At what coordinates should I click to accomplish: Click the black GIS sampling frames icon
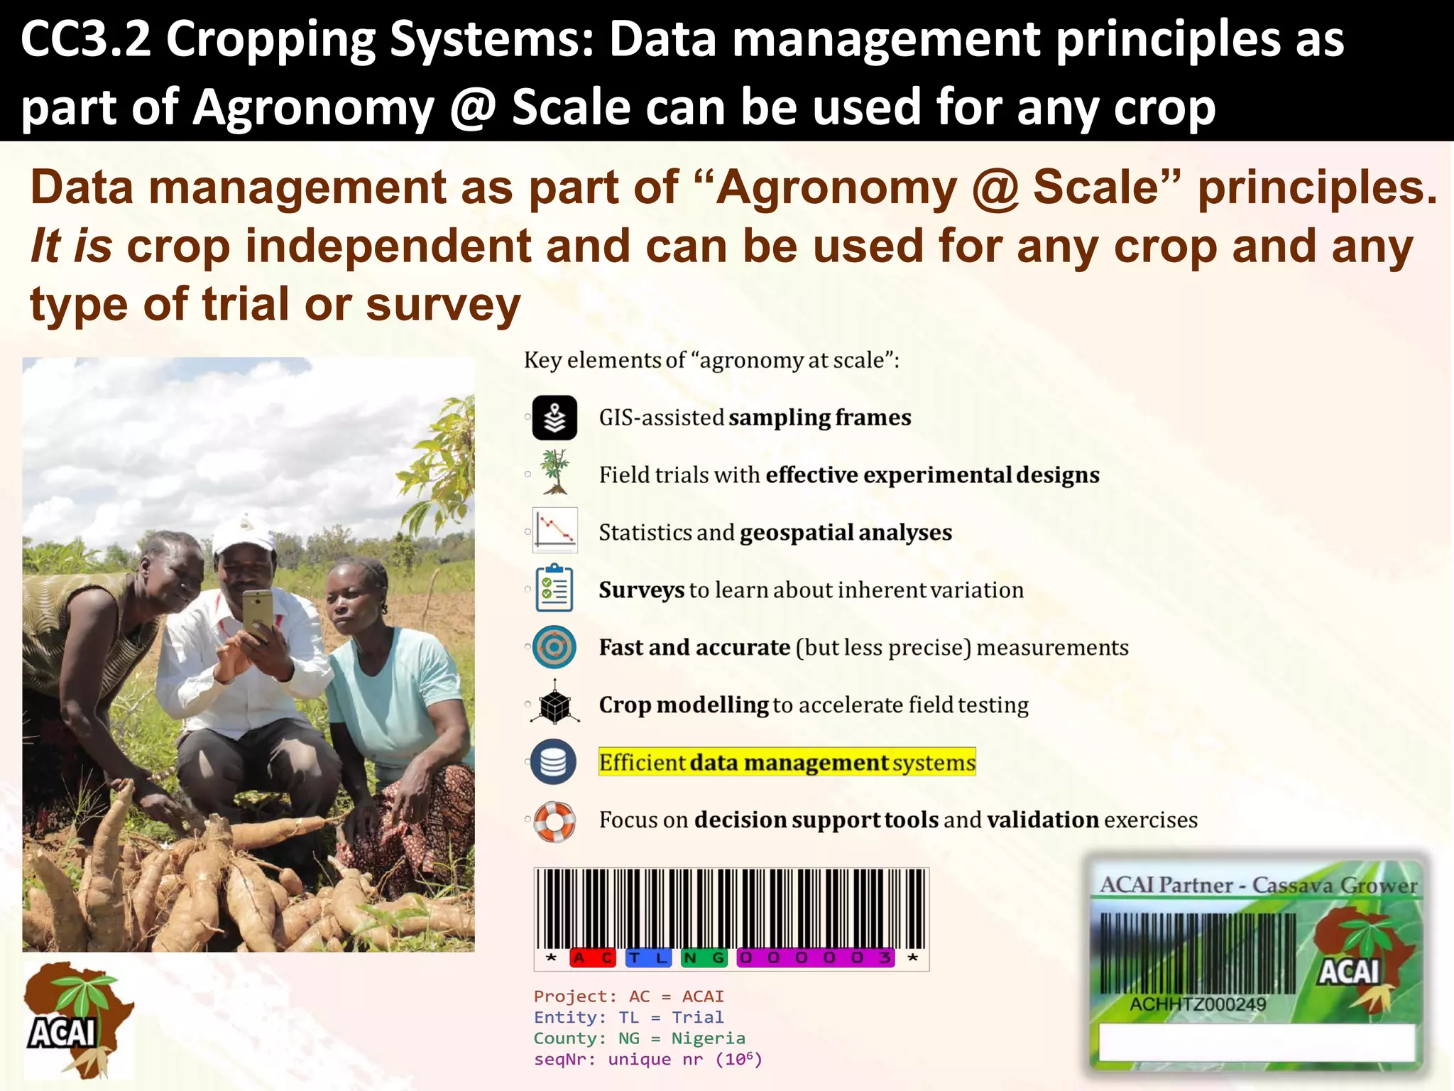pos(554,418)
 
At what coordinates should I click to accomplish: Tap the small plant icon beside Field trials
pos(554,472)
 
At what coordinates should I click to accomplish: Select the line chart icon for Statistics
pos(554,530)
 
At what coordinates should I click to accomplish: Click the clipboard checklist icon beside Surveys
pos(554,588)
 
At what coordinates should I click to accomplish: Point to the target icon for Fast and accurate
pos(554,647)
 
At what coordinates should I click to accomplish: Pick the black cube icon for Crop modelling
pos(554,704)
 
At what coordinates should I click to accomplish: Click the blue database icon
pos(554,762)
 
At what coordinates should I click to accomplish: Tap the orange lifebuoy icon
pos(554,821)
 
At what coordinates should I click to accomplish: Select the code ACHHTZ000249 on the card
pos(1198,1004)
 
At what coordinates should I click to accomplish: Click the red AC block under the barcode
pos(592,958)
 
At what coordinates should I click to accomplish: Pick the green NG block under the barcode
pos(704,958)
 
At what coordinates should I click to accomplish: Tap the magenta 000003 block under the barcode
pos(815,958)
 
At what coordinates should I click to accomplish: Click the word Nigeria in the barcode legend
pos(708,1038)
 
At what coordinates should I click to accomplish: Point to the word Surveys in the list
pos(641,590)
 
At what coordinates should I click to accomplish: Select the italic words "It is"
pos(71,246)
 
